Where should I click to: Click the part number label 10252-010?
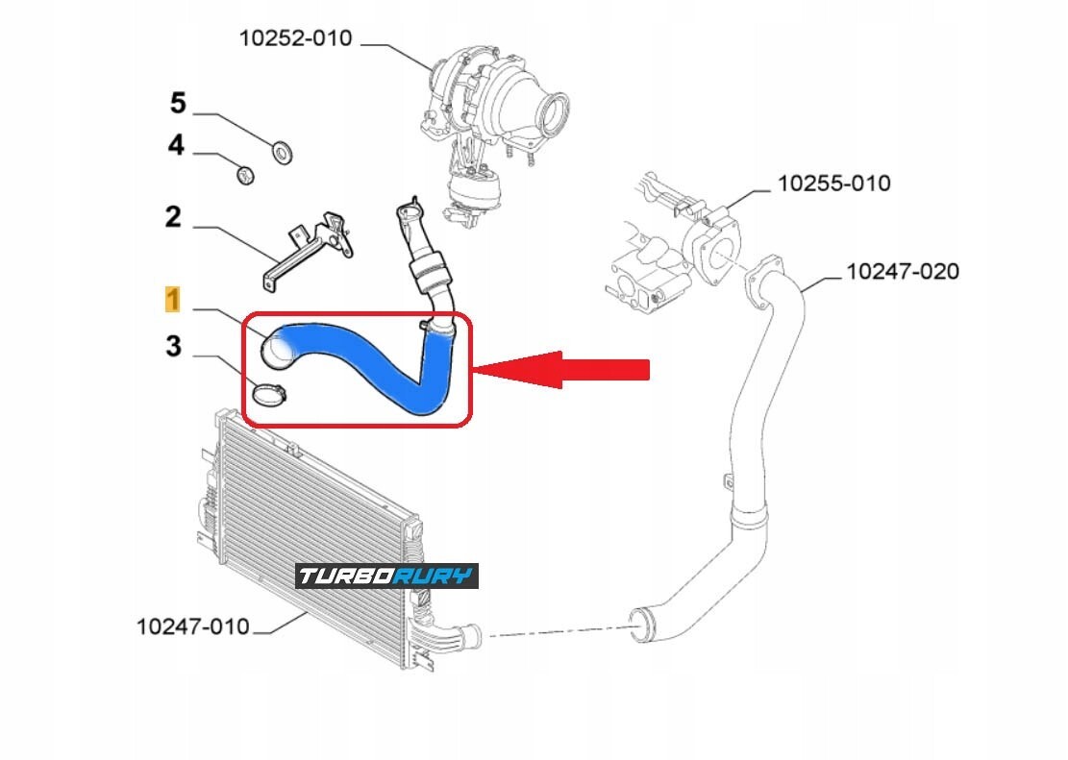pyautogui.click(x=295, y=38)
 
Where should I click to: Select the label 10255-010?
pyautogui.click(x=833, y=183)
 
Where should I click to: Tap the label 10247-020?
pyautogui.click(x=902, y=272)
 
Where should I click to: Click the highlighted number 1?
pyautogui.click(x=172, y=300)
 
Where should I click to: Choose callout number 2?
pyautogui.click(x=173, y=217)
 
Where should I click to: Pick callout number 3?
pyautogui.click(x=173, y=346)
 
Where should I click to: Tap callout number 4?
pyautogui.click(x=175, y=146)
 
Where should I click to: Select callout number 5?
pyautogui.click(x=178, y=103)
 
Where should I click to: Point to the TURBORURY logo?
pyautogui.click(x=385, y=576)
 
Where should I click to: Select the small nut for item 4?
pyautogui.click(x=244, y=175)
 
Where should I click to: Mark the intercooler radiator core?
pyautogui.click(x=308, y=519)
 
